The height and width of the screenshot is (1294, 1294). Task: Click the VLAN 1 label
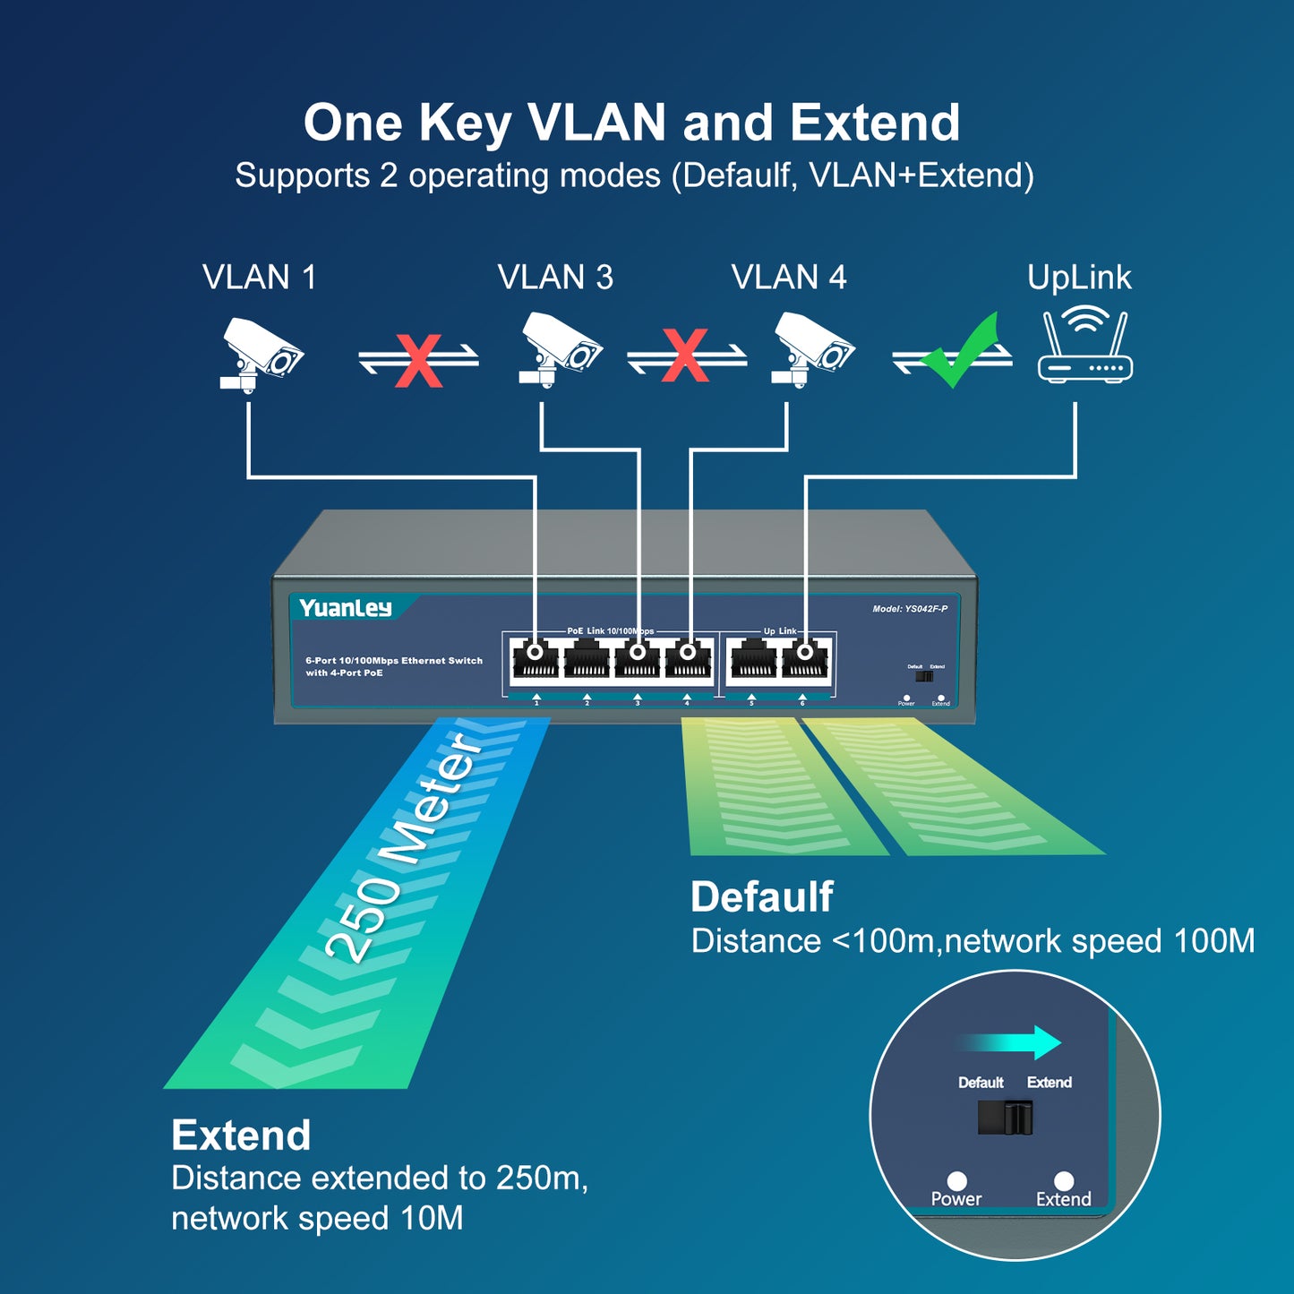259,278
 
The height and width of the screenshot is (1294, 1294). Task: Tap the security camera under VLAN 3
560,349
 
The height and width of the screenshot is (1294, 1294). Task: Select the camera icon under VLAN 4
812,349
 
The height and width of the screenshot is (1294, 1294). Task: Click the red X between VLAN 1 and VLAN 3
418,360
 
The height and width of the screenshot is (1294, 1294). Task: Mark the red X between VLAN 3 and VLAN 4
686,356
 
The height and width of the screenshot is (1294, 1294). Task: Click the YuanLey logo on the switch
346,608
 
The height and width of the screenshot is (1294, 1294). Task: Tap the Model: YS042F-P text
910,609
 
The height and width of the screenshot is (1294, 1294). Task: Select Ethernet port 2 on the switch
587,662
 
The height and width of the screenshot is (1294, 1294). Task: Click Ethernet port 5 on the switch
752,662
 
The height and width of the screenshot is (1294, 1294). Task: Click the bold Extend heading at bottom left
241,1135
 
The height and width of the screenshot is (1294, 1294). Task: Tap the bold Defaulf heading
761,896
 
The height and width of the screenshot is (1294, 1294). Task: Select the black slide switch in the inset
1006,1118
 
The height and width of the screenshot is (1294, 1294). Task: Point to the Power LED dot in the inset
956,1180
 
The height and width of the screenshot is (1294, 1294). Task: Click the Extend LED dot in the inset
1063,1180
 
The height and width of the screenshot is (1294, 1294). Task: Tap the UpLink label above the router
1079,278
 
